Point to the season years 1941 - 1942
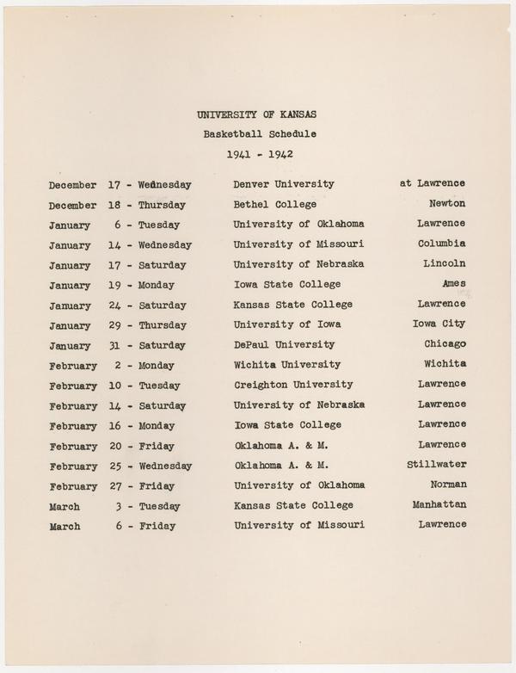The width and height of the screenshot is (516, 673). point(261,155)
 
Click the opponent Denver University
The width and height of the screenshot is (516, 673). point(284,184)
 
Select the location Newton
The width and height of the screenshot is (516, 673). point(447,204)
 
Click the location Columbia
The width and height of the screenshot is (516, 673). point(443,244)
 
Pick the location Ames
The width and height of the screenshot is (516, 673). point(453,284)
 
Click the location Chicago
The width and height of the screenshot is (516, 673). point(445,344)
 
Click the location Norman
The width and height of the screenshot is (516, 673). point(448,485)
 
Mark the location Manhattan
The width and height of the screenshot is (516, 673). point(439,504)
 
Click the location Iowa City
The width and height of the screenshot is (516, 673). point(440,324)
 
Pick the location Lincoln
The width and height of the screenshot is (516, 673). point(445,263)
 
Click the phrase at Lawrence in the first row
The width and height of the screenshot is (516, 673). point(433,183)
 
